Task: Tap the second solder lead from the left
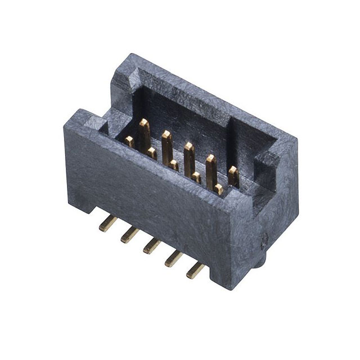(x=128, y=235)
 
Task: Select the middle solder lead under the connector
(x=151, y=246)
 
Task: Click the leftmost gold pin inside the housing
(x=129, y=141)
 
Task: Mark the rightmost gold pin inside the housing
(x=233, y=176)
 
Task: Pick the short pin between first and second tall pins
(x=152, y=152)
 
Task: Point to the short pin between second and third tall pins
(x=174, y=165)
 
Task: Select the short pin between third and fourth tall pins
(x=196, y=177)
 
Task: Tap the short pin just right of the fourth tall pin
(x=218, y=189)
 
